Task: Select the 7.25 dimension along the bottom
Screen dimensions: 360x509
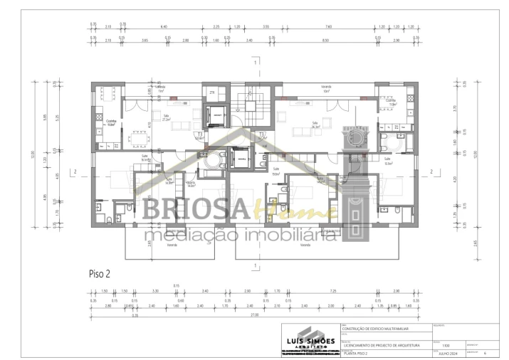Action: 332,292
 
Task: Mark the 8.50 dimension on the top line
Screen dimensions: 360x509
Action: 325,41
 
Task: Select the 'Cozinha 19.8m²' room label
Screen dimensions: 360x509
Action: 111,122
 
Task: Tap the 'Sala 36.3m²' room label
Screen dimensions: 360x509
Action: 314,125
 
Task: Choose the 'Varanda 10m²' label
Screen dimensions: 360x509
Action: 326,91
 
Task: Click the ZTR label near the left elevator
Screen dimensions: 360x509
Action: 211,93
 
